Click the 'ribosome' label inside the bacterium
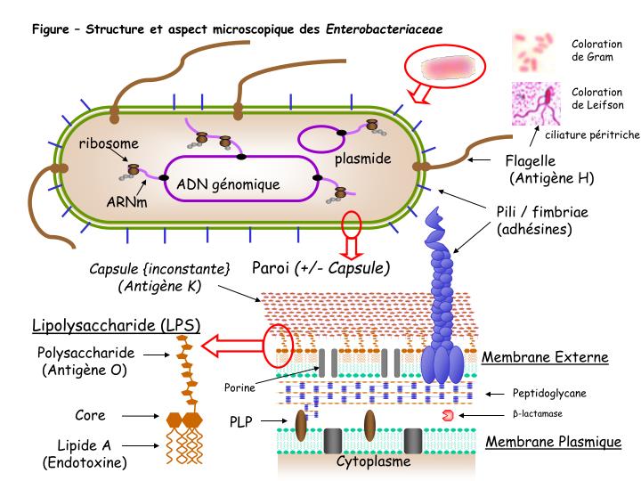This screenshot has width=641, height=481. click(x=109, y=144)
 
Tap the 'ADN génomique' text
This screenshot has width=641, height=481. click(x=229, y=184)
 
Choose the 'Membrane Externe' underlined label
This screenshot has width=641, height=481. click(x=544, y=358)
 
